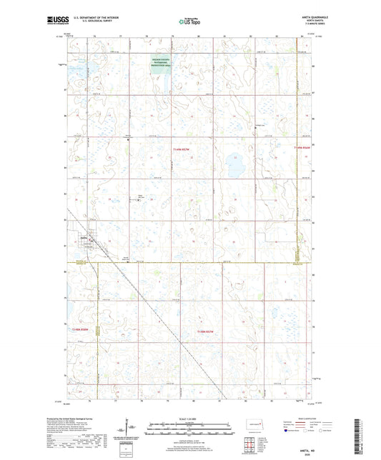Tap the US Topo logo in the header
[x=189, y=22]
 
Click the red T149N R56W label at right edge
[x=303, y=149]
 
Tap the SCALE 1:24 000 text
[x=189, y=419]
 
